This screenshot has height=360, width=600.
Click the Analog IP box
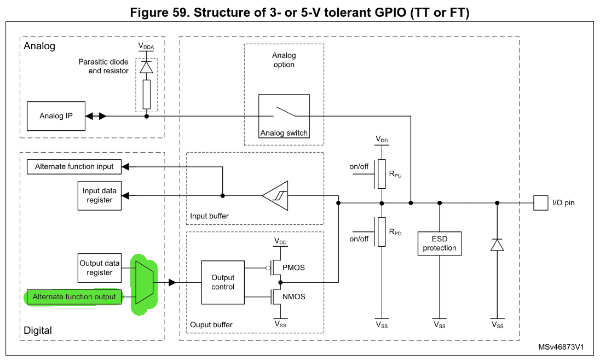pos(56,116)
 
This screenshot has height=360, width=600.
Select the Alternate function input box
pos(74,166)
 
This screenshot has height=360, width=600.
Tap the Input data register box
pos(99,196)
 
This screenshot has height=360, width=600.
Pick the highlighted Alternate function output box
pos(74,297)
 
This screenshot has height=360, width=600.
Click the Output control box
pos(223,282)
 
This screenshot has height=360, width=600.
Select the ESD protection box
pos(439,243)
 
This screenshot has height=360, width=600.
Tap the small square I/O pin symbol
pos(540,203)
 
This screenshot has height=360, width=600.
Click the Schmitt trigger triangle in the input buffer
pos(275,196)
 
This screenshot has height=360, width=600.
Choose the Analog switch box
pos(284,116)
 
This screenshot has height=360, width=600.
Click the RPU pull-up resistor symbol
pos(382,173)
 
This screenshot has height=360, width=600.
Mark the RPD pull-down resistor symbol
pos(382,232)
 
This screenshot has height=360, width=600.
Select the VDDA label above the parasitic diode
pos(146,46)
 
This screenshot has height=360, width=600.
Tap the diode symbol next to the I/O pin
pos(497,245)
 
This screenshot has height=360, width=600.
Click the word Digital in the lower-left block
pos(38,330)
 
